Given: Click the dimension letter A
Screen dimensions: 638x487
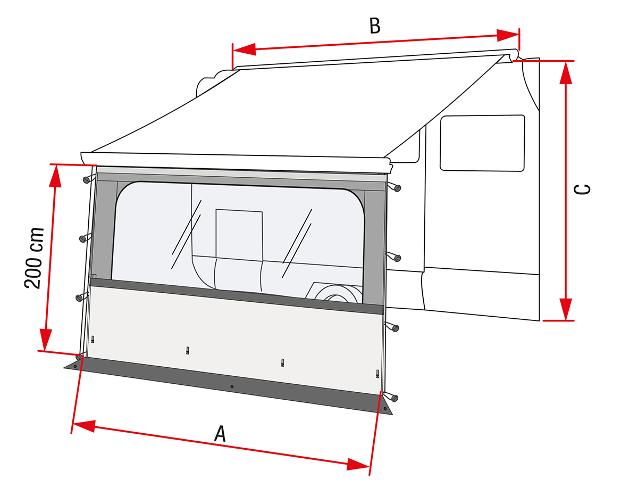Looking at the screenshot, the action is pos(220,434).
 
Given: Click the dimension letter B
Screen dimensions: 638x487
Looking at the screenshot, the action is pos(375,26).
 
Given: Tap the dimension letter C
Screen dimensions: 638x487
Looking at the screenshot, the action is pos(582,189).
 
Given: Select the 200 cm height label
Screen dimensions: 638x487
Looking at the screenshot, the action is pos(34,258).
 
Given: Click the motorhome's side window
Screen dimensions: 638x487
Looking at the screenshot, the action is pos(482,143).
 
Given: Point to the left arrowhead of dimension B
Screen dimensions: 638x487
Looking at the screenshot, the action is pos(244,49).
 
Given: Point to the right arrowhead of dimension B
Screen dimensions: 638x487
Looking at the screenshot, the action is pos(508,35).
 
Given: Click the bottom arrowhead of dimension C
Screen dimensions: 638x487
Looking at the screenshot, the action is pos(566,309).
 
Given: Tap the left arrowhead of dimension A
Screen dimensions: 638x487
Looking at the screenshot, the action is pos(83,426).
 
